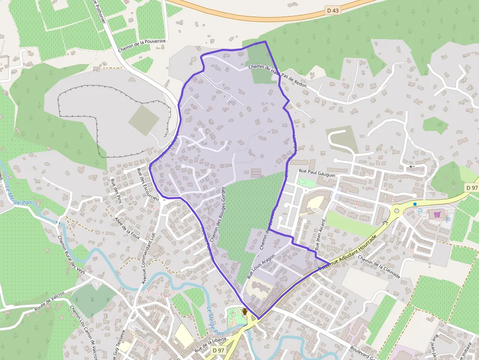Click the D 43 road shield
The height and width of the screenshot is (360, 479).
pyautogui.click(x=332, y=10)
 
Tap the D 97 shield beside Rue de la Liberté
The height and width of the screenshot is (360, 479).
pyautogui.click(x=218, y=350)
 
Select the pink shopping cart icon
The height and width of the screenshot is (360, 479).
pyautogui.click(x=437, y=214)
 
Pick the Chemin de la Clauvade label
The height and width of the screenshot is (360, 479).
pyautogui.click(x=379, y=268)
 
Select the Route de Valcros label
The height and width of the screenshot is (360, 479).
pyautogui.click(x=50, y=304)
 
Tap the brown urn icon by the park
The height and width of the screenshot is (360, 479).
pyautogui.click(x=244, y=311)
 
